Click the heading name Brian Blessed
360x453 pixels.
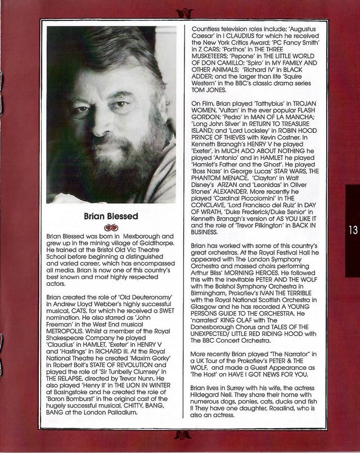click(111, 216)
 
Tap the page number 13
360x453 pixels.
click(352, 230)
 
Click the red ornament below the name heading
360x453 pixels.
click(111, 227)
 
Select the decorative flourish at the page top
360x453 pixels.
click(183, 12)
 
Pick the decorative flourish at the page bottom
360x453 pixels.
click(183, 435)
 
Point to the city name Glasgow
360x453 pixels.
click(207, 317)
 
